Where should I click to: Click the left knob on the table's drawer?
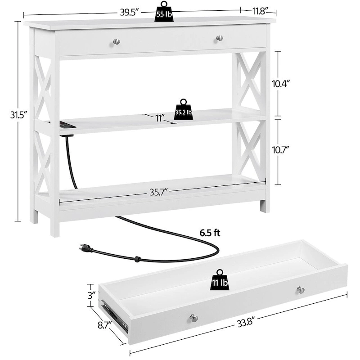coord(116,41)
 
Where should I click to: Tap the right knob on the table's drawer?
coord(219,38)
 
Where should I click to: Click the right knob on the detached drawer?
coord(300,290)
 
